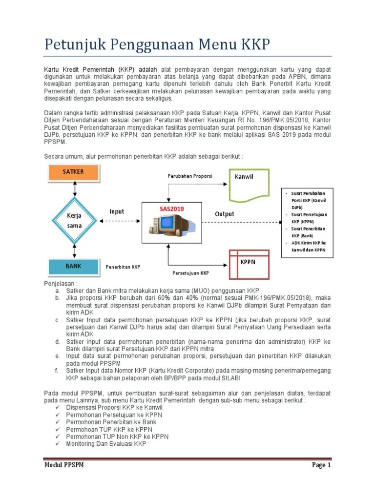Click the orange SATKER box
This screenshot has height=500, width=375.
[73, 172]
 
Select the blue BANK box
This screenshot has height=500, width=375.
[73, 267]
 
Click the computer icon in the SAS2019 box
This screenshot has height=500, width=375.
[167, 226]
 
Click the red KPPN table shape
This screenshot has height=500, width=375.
[249, 263]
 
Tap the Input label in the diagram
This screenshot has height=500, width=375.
[117, 211]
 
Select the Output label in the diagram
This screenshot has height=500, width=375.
[225, 214]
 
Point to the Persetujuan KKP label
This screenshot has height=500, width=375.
[190, 273]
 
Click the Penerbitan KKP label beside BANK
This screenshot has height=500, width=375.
[123, 267]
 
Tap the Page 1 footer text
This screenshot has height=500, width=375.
[321, 465]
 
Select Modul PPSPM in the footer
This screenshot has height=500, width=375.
[64, 465]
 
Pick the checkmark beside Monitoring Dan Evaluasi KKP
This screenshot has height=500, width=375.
[58, 444]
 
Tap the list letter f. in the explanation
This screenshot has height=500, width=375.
[57, 371]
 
